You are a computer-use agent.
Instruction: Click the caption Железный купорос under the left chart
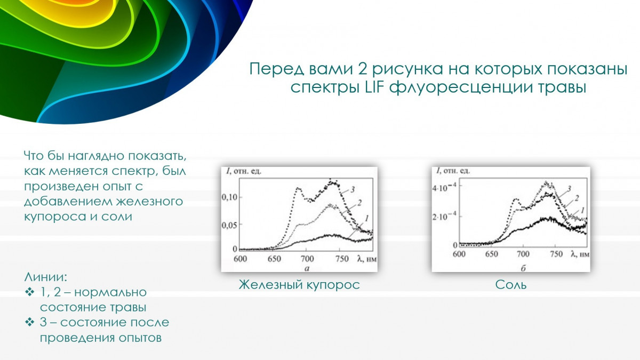click(299, 285)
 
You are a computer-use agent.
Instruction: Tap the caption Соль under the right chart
click(510, 285)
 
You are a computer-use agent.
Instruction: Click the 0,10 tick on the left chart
click(229, 197)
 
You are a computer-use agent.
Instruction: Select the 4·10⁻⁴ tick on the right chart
click(444, 188)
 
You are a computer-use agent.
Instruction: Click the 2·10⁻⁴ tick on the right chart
click(444, 217)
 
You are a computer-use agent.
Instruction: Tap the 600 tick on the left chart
click(241, 259)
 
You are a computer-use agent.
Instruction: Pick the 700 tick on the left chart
click(307, 259)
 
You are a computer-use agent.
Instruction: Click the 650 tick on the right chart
click(491, 254)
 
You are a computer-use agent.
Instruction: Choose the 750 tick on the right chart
click(556, 254)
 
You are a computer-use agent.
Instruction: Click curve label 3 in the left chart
click(353, 189)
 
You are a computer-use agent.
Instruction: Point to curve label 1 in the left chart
click(367, 218)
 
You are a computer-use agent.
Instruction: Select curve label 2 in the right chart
click(577, 198)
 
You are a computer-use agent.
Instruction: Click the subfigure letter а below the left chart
click(307, 268)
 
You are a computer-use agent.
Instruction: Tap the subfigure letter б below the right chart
click(523, 268)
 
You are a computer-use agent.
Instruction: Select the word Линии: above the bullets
click(46, 277)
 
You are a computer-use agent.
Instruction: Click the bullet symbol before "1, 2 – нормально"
click(30, 292)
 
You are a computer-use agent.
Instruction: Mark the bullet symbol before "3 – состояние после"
click(30, 322)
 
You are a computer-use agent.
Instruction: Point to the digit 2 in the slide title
click(362, 69)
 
